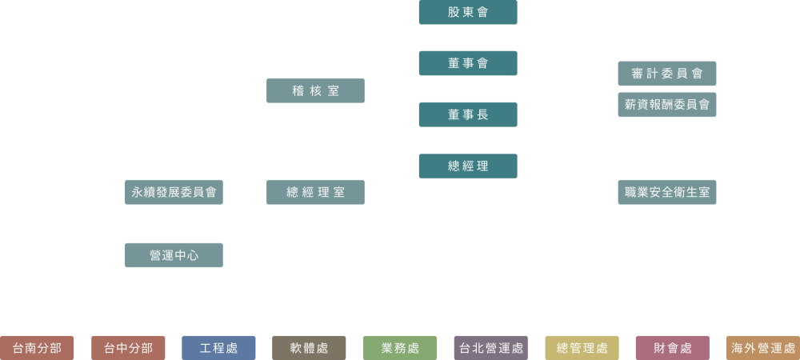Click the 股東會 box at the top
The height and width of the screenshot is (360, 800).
coord(468,12)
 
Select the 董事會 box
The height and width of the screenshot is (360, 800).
coord(468,63)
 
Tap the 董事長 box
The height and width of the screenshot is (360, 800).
coord(468,114)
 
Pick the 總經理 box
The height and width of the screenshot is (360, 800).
coord(468,166)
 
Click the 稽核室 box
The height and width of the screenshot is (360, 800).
coord(315,91)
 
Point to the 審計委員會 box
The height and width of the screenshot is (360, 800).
coord(666,74)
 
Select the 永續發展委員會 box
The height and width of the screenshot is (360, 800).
coord(174,192)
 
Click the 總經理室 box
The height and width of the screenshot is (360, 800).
coord(315,192)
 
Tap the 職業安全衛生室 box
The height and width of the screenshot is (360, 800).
coord(666,192)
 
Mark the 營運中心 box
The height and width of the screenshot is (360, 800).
coord(174,255)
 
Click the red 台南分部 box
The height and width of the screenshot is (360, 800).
coord(37,348)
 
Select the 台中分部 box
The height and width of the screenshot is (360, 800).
coord(128,348)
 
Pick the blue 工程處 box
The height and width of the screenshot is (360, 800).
coord(218,348)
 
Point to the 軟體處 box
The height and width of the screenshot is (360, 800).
coord(309,348)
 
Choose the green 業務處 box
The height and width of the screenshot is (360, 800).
coord(400,348)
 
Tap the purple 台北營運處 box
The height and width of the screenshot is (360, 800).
coord(490,348)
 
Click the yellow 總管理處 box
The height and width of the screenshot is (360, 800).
coord(582,348)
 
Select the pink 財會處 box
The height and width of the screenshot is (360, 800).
coord(672,348)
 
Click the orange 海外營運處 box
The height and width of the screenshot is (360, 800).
coord(762,348)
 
